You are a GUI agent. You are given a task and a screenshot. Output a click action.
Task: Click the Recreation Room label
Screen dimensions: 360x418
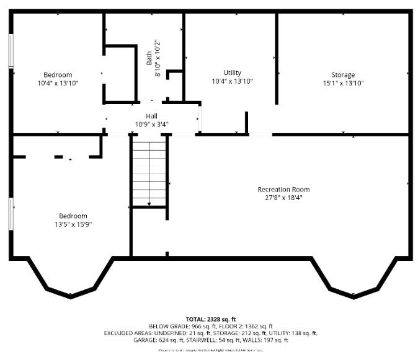[283, 190]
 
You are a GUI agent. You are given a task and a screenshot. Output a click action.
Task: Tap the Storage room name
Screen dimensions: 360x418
[342, 75]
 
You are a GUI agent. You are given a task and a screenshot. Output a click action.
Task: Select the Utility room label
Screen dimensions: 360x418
[232, 73]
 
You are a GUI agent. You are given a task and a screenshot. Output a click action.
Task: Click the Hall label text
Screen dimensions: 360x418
[151, 116]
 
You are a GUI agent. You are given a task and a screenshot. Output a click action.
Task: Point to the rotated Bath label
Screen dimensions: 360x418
[149, 58]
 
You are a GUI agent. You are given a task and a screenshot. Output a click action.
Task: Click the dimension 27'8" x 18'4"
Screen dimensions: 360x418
[283, 198]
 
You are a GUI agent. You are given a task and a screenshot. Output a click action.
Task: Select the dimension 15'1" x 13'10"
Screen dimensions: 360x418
[342, 82]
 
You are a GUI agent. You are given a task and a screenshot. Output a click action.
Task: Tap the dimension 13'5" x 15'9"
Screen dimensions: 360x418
[73, 224]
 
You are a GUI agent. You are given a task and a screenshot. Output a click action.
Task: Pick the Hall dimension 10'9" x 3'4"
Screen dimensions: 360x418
[152, 124]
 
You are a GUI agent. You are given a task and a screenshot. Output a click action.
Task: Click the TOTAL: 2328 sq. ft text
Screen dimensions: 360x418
[210, 319]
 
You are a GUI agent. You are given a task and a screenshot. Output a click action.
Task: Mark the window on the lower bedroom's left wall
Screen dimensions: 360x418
[11, 214]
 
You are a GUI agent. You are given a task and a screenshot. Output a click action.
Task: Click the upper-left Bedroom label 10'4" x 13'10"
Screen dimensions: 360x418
[58, 79]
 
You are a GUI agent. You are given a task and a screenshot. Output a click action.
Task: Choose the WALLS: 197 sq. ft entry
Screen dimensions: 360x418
[269, 340]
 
